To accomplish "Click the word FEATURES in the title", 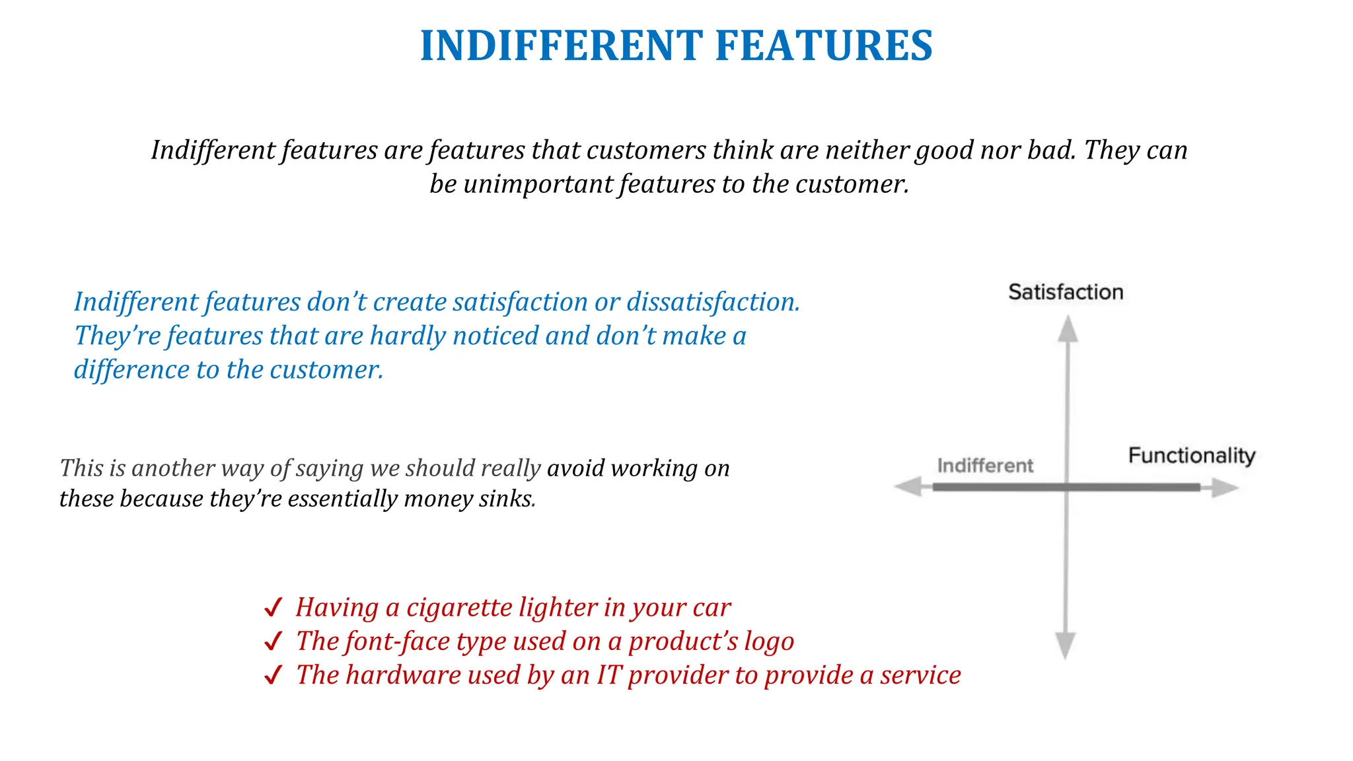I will pyautogui.click(x=824, y=46).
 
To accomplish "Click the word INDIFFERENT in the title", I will pyautogui.click(x=561, y=46).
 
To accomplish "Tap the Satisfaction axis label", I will pyautogui.click(x=1066, y=292).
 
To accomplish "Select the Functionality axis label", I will pyautogui.click(x=1191, y=455).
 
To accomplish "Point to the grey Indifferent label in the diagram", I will pyautogui.click(x=985, y=466).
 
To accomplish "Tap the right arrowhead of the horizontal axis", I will pyautogui.click(x=1224, y=488).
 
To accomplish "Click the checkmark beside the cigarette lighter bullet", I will pyautogui.click(x=273, y=608).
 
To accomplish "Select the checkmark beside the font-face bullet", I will pyautogui.click(x=273, y=641).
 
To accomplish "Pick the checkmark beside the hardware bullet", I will pyautogui.click(x=273, y=676).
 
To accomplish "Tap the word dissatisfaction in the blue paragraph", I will pyautogui.click(x=713, y=302).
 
